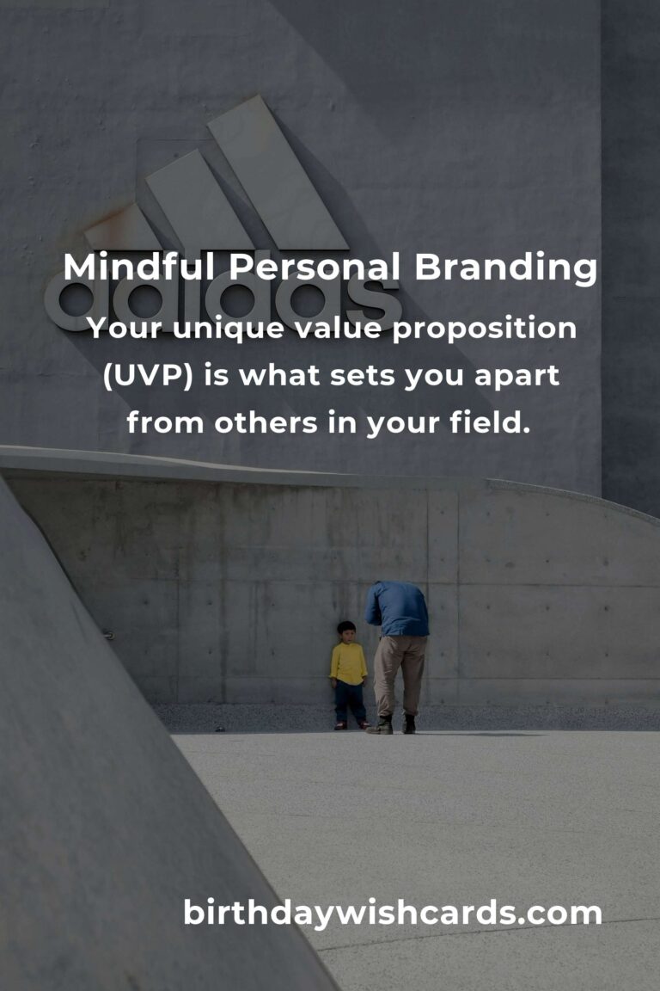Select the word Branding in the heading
coord(505,268)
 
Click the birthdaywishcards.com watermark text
coord(392,913)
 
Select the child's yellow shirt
coord(348,663)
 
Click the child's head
coord(346,631)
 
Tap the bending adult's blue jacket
coord(397,609)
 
